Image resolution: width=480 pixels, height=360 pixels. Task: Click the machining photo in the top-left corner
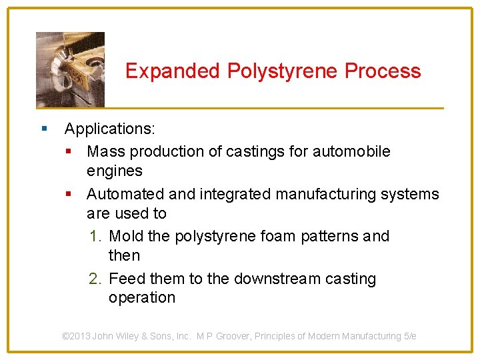[x=70, y=69]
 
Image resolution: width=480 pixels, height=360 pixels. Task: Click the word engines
[x=114, y=171]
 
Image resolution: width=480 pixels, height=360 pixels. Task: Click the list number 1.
[x=96, y=237]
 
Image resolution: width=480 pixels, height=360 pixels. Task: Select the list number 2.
[x=96, y=279]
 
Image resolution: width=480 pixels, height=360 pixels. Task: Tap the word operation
[x=141, y=298]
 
